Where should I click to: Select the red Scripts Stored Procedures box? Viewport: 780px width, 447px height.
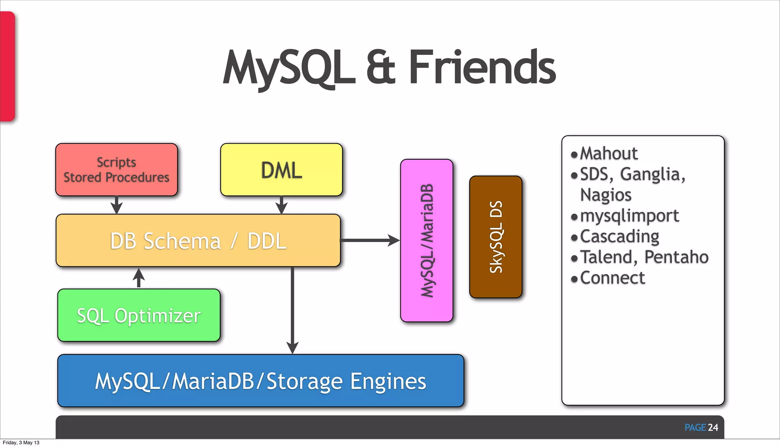click(x=117, y=170)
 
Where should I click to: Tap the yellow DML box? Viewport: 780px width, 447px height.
click(x=281, y=170)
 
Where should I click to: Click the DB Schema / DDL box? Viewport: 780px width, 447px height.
click(x=198, y=241)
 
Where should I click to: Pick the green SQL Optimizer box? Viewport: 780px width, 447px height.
click(x=139, y=316)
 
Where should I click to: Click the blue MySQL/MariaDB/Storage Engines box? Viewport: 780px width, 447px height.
click(x=261, y=381)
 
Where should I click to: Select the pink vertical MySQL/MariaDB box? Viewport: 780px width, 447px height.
click(x=427, y=241)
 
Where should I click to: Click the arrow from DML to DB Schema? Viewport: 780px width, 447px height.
click(x=281, y=205)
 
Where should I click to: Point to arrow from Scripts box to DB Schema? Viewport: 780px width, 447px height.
click(x=117, y=205)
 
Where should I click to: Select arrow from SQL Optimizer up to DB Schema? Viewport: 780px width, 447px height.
click(x=139, y=277)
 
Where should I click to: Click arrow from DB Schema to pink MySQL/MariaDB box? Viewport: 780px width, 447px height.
click(x=369, y=240)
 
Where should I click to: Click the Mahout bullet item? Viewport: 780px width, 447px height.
click(x=608, y=154)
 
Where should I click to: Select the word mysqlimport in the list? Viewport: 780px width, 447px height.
click(x=629, y=216)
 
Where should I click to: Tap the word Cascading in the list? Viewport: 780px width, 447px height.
click(x=619, y=236)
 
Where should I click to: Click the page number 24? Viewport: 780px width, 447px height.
click(x=713, y=428)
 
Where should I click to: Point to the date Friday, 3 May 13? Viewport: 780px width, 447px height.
click(x=21, y=442)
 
